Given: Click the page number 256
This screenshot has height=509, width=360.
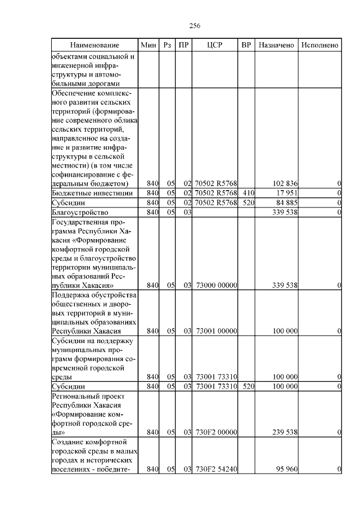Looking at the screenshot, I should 195,26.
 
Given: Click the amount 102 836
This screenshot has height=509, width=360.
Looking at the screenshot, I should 285,184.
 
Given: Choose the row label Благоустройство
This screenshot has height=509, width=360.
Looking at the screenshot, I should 79,213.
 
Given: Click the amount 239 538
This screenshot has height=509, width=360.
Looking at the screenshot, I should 285,432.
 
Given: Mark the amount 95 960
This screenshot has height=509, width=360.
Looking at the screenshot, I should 286,469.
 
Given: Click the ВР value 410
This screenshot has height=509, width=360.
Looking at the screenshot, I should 246,193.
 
